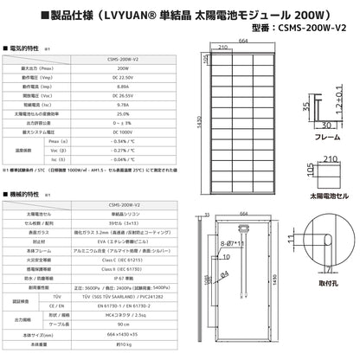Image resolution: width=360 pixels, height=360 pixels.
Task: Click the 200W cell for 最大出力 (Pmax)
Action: click(x=122, y=66)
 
